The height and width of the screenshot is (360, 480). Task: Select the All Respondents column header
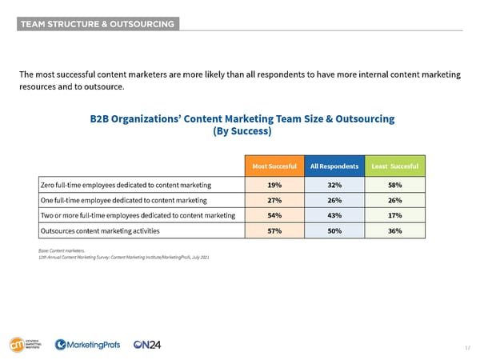[x=334, y=166]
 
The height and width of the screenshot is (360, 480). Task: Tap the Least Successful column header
[x=394, y=166]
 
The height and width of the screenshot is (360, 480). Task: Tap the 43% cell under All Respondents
[x=334, y=215]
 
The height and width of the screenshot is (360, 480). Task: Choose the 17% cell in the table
[x=394, y=215]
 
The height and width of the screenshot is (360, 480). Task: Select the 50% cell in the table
[x=334, y=230]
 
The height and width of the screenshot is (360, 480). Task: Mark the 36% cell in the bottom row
[x=394, y=230]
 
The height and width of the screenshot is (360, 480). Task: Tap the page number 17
[x=468, y=348]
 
